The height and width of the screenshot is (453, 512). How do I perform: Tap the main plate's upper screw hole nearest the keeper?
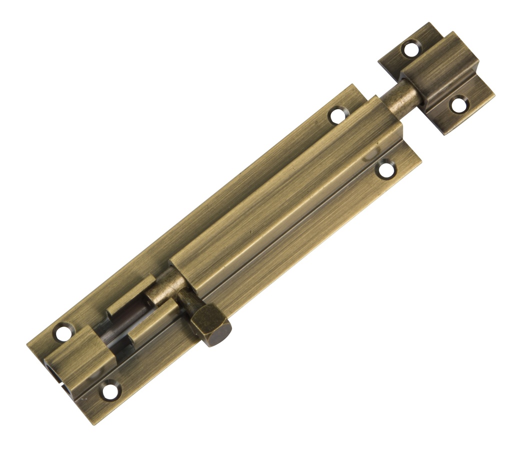point(337,116)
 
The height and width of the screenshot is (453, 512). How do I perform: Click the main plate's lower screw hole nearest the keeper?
point(385,169)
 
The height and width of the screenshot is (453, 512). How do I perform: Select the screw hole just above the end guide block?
point(63,332)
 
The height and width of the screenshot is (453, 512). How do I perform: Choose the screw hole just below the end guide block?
point(109,390)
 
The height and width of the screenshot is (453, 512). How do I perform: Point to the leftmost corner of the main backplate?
point(27,345)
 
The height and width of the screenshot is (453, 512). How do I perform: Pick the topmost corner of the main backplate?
point(352,85)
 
